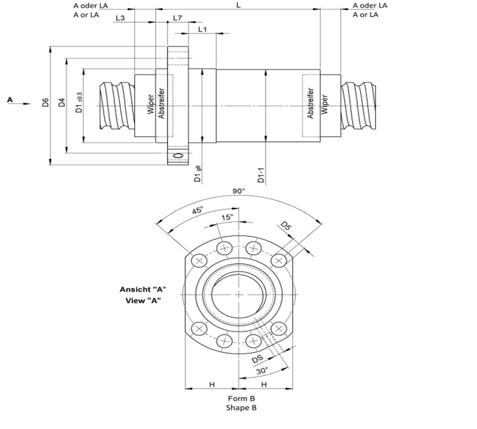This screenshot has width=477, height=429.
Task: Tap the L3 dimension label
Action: point(119,18)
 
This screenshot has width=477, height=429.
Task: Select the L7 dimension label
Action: point(177,18)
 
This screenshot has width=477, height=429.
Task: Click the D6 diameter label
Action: point(46,102)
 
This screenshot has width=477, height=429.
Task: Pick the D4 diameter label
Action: point(61,102)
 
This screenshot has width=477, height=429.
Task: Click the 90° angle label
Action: point(238,191)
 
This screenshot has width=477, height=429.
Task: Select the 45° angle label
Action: point(198,210)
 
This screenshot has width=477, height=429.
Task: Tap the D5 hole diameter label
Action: point(286,226)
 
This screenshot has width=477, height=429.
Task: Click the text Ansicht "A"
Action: point(143,289)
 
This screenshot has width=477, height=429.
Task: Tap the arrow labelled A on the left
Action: point(18,102)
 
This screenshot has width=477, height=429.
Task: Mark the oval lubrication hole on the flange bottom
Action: point(178,156)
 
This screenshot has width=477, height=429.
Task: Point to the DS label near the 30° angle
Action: point(258,358)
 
